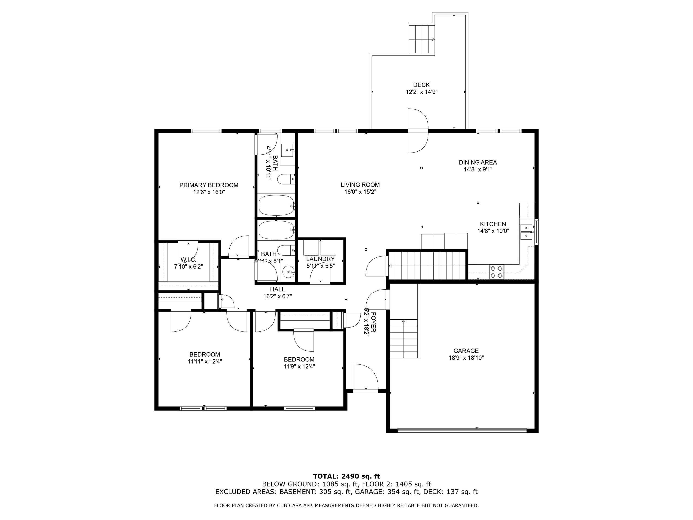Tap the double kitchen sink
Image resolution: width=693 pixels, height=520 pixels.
tap(526, 232)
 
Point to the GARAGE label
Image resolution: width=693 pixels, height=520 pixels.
tap(466, 351)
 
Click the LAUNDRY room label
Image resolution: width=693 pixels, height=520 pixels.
tap(320, 259)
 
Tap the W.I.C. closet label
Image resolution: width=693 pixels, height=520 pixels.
tap(188, 260)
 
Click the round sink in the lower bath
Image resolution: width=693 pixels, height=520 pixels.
tap(288, 272)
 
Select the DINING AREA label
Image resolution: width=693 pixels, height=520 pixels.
tap(477, 162)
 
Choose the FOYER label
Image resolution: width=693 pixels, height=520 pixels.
tap(373, 322)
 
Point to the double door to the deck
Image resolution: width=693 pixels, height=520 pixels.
tap(418, 131)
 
